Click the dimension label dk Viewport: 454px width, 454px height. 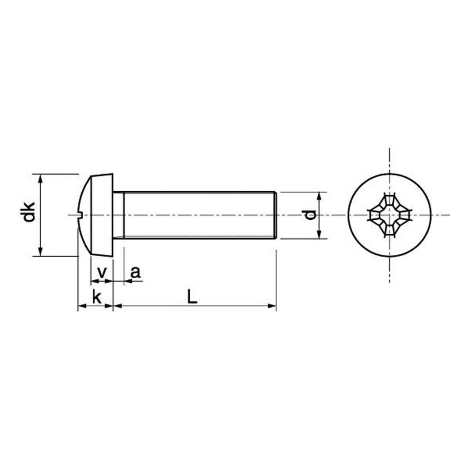tap(29, 212)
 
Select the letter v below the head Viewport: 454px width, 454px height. tap(102, 272)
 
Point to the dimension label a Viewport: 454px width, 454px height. tap(135, 272)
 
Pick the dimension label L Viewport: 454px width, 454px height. tap(192, 296)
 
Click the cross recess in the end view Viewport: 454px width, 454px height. tap(390, 215)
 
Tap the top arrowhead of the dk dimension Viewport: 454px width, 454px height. tap(40, 178)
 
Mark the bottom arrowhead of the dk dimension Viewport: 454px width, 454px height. tap(40, 252)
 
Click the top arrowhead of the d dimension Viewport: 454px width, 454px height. tap(319, 196)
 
